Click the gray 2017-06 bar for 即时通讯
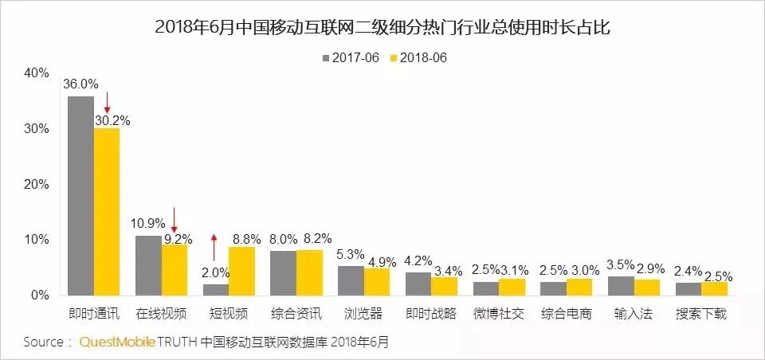(80, 196)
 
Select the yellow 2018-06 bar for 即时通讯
(107, 212)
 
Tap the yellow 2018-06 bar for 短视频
(241, 271)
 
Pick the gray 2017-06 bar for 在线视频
(148, 265)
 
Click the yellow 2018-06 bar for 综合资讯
(309, 272)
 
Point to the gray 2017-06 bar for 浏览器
(351, 280)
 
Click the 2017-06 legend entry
(351, 57)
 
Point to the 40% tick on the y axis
(37, 72)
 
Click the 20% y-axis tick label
(37, 184)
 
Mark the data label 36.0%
(80, 83)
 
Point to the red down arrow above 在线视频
(174, 218)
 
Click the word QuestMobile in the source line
(116, 342)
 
